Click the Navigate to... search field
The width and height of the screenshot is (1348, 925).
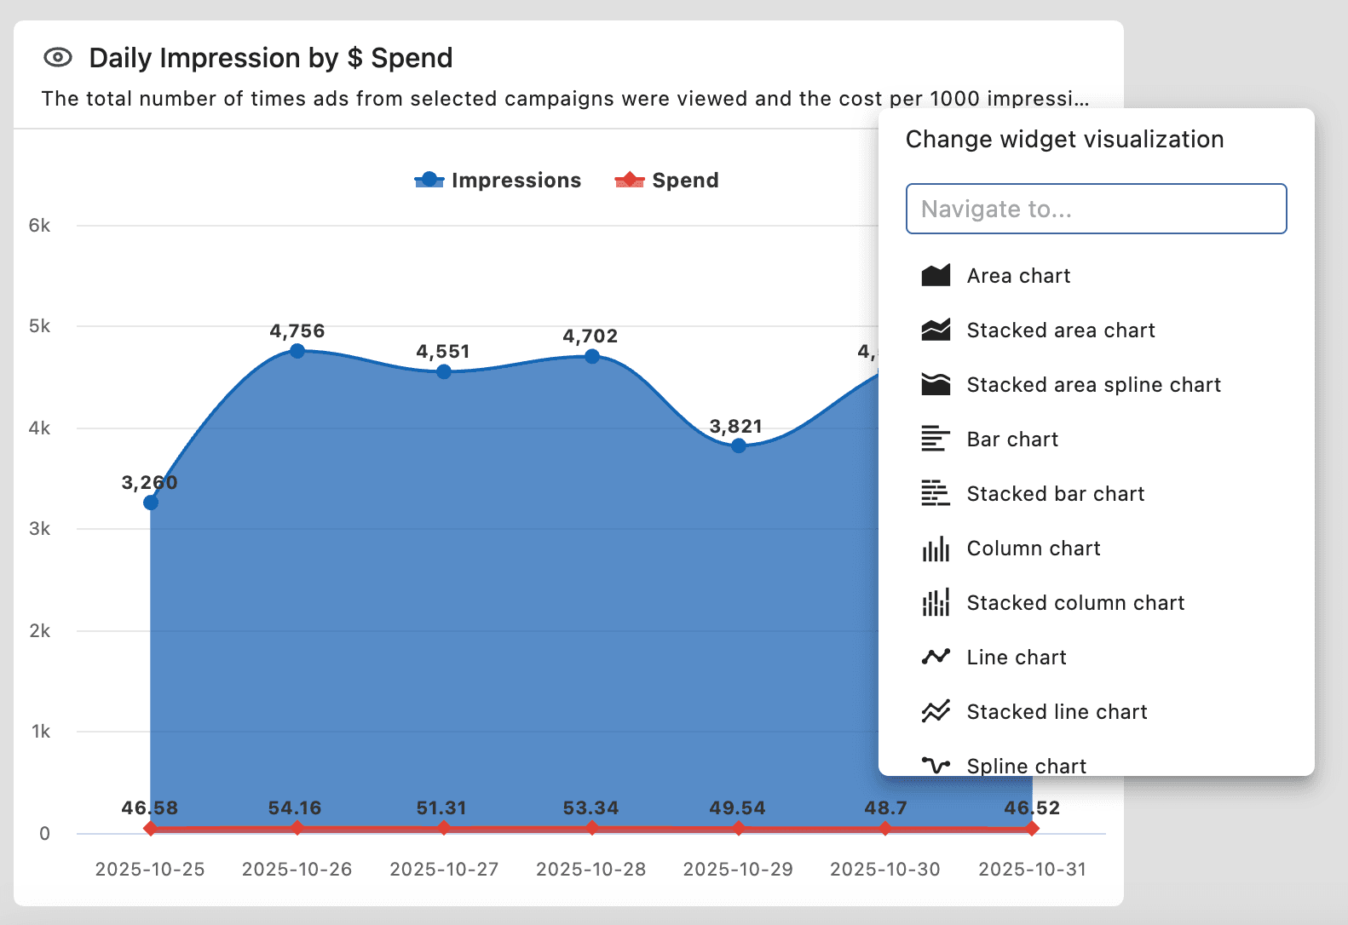(x=1096, y=209)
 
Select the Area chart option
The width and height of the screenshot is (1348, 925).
(x=1018, y=276)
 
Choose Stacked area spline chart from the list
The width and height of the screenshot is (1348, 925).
(x=1093, y=385)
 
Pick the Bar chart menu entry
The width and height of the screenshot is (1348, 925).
(x=1012, y=440)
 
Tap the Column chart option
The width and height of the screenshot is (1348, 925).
(x=1033, y=549)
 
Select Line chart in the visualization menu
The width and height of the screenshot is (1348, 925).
(x=1016, y=658)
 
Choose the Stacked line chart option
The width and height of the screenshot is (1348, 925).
(x=1057, y=712)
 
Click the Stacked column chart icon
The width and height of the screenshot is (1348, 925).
(x=936, y=603)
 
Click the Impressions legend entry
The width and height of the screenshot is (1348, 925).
(x=498, y=181)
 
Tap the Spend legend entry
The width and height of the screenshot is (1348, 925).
(x=667, y=181)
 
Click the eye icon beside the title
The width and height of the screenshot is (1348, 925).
(x=58, y=58)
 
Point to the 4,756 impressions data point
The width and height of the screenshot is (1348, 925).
(x=297, y=351)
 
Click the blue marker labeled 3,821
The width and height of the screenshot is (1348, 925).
(x=739, y=445)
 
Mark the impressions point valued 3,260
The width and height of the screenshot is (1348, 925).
(x=151, y=503)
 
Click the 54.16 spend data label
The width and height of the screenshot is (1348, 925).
(x=295, y=807)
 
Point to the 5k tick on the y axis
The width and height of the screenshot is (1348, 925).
(x=39, y=326)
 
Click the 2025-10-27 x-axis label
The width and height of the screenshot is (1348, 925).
(x=444, y=869)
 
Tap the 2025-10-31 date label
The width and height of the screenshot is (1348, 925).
(x=1032, y=869)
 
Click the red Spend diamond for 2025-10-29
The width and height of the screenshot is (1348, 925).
(x=739, y=829)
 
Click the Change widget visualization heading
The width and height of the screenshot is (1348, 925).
(x=1064, y=140)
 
